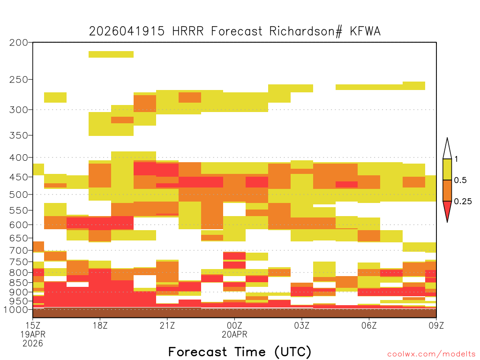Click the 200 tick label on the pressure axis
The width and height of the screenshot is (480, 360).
[x=18, y=43]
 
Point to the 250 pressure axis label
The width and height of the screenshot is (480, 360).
[x=18, y=80]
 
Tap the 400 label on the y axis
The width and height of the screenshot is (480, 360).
[x=18, y=157]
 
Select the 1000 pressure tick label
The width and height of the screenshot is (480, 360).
[x=16, y=310]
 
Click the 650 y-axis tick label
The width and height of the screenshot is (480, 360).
[x=18, y=238]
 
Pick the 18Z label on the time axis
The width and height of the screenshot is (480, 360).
[x=100, y=325]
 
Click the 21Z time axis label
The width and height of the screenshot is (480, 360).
[x=167, y=325]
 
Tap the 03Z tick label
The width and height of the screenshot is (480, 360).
[x=301, y=325]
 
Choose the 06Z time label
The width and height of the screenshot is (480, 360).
[x=369, y=325]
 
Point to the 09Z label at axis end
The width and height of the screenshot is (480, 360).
[x=436, y=325]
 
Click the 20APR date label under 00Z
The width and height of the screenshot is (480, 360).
[x=234, y=334]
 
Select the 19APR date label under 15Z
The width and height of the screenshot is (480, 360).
[x=33, y=334]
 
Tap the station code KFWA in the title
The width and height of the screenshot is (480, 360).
[x=365, y=31]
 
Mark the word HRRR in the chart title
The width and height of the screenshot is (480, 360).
[x=187, y=31]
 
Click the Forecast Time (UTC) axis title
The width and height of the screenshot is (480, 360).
[x=240, y=352]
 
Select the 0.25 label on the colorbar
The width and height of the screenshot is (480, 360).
[x=463, y=202]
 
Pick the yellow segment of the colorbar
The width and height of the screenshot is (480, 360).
[x=447, y=169]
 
